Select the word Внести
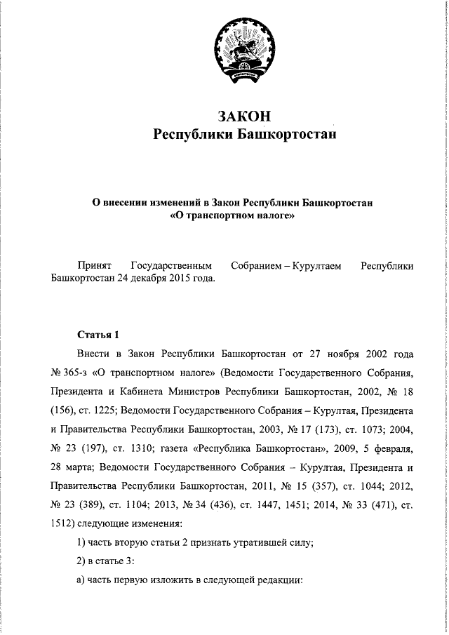coord(95,352)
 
